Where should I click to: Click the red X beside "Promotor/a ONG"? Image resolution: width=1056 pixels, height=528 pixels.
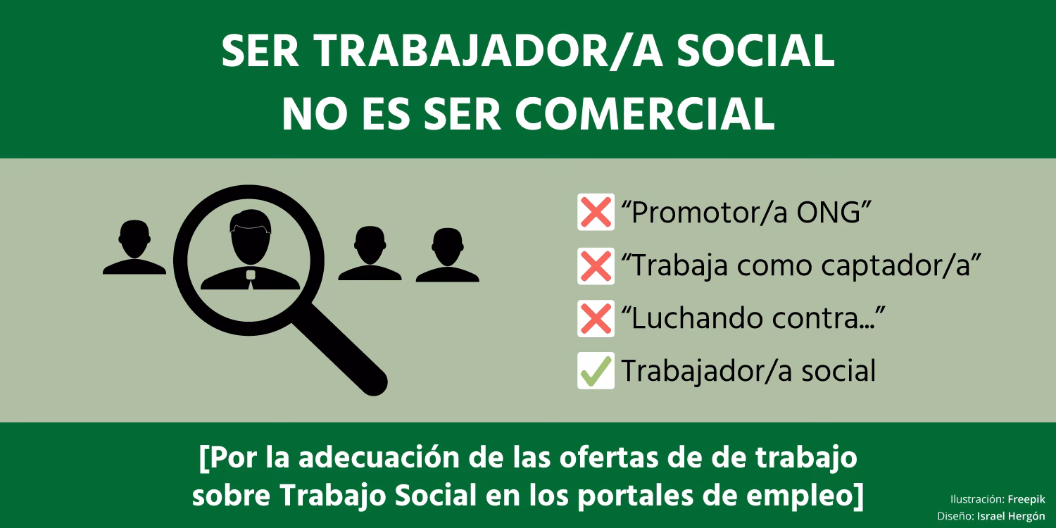coord(596,212)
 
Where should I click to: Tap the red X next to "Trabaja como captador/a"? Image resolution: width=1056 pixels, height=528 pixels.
coord(596,266)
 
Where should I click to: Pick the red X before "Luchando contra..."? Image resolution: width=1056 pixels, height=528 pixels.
coord(596,319)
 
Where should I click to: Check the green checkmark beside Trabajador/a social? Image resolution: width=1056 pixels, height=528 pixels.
coord(596,371)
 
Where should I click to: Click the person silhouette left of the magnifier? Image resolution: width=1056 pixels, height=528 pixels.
coord(134,248)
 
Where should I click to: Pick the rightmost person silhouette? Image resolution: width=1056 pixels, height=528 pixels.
coord(448,256)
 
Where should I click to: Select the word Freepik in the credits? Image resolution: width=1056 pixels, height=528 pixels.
coord(1026,499)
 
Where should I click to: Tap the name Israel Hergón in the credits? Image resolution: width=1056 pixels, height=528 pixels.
coord(1011,516)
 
